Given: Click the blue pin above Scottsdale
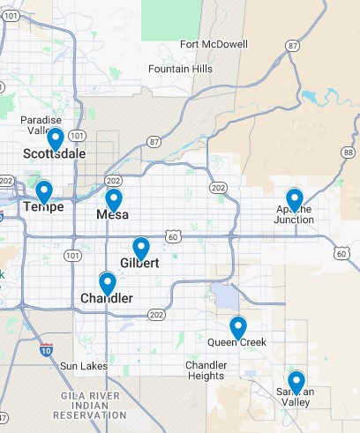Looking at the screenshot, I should [55, 138].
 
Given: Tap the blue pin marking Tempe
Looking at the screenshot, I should [43, 190].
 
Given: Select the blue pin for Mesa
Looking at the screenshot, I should [113, 199].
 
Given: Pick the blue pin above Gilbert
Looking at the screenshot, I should [140, 248].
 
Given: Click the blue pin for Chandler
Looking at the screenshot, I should [108, 283].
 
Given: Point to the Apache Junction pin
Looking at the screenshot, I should [295, 199].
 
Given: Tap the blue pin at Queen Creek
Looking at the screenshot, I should [237, 327].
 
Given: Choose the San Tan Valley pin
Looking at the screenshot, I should [296, 381].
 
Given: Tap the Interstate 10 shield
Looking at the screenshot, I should [46, 349].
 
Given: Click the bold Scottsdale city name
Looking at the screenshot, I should [55, 153].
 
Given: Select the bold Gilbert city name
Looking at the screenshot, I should [139, 263].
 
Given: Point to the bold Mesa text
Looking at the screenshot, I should [113, 214].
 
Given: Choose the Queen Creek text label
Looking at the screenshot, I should [236, 342].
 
